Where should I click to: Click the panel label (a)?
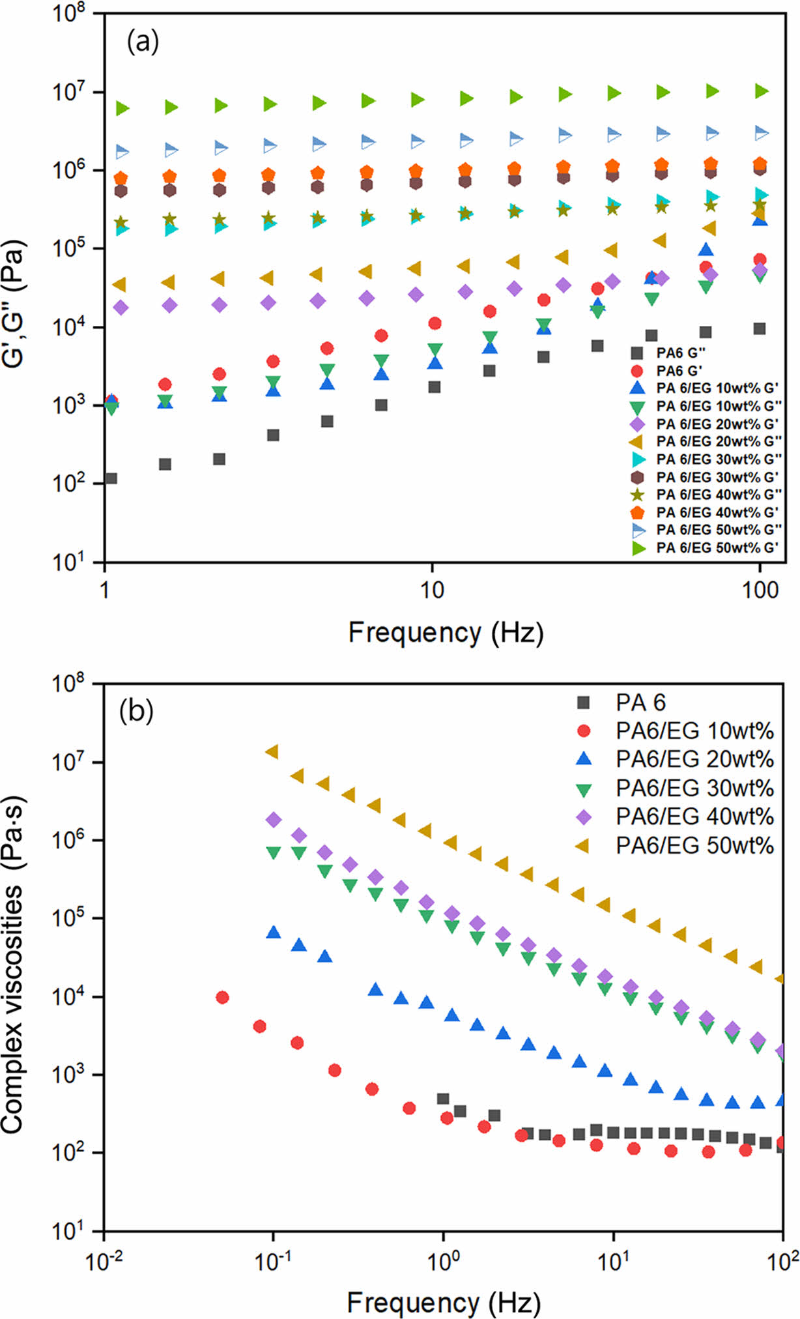pyautogui.click(x=143, y=43)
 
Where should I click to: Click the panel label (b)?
pyautogui.click(x=136, y=712)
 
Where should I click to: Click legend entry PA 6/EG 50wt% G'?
pyautogui.click(x=717, y=547)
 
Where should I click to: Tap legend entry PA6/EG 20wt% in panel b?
pyautogui.click(x=694, y=759)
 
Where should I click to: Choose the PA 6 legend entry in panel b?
pyautogui.click(x=640, y=703)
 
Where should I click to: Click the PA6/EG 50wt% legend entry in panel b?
pyautogui.click(x=694, y=845)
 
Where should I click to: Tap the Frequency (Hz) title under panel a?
pyautogui.click(x=446, y=632)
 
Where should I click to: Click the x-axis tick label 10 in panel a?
pyautogui.click(x=431, y=590)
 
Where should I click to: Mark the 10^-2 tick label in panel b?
pyautogui.click(x=104, y=1258)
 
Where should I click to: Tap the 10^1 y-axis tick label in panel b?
pyautogui.click(x=73, y=1231)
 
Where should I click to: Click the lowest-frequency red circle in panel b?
pyautogui.click(x=222, y=997)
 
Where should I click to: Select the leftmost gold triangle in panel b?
pyautogui.click(x=272, y=751)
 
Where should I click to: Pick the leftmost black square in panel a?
pyautogui.click(x=111, y=478)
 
